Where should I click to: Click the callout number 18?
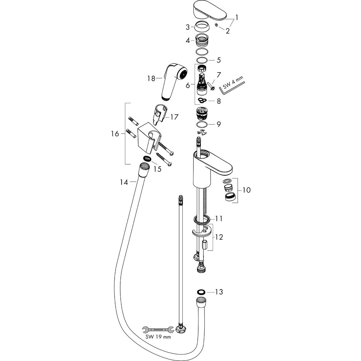[151, 79]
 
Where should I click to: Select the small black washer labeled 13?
[201, 292]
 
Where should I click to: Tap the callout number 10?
[246, 190]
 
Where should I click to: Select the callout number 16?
[115, 134]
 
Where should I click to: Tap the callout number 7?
[219, 74]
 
